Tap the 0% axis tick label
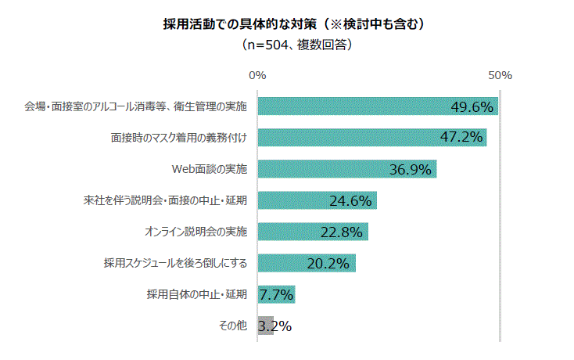tap(257, 76)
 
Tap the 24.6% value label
tap(350, 201)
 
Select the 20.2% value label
tap(328, 264)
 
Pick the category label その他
tap(233, 326)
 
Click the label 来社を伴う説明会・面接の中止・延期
tap(165, 200)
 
